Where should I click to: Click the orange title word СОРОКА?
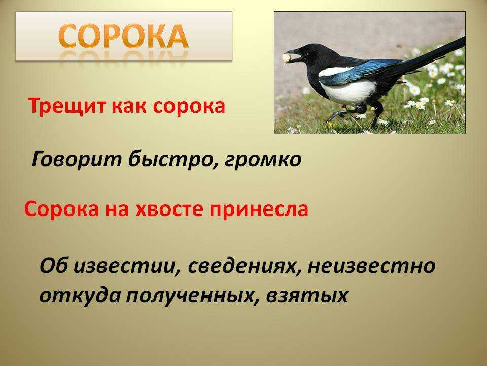tap(123, 36)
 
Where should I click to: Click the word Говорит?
tap(77, 160)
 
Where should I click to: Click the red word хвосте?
tap(169, 209)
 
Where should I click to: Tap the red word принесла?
tap(259, 210)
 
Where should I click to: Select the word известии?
tap(127, 266)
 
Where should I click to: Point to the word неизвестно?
tap(371, 266)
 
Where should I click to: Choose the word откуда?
tap(80, 295)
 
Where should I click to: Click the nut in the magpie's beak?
tap(287, 57)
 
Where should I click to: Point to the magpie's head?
tap(306, 54)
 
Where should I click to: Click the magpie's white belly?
tap(348, 92)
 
